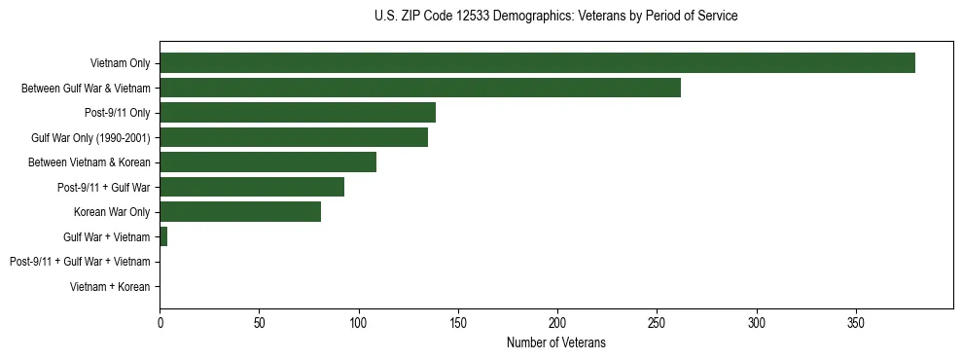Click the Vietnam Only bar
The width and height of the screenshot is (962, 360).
537,63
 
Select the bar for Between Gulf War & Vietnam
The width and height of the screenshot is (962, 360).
420,88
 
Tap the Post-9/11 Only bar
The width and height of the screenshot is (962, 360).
298,113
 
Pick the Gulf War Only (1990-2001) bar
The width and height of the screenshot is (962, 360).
294,137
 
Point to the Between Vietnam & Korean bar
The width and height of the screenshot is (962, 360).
267,162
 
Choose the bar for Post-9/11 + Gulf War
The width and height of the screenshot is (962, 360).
252,187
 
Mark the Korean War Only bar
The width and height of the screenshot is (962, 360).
240,212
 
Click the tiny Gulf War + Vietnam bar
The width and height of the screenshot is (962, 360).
163,236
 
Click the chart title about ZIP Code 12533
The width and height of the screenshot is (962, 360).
555,17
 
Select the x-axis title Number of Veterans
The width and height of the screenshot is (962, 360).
555,342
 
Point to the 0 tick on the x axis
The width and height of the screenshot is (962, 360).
160,322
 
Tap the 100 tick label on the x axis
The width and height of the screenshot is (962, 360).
358,322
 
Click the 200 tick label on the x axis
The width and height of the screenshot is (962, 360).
557,322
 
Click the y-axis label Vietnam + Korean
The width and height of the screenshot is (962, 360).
110,287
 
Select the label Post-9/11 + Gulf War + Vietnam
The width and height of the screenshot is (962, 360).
80,262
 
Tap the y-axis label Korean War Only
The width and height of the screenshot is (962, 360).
112,212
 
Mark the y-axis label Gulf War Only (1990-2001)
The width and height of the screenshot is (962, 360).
90,137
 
